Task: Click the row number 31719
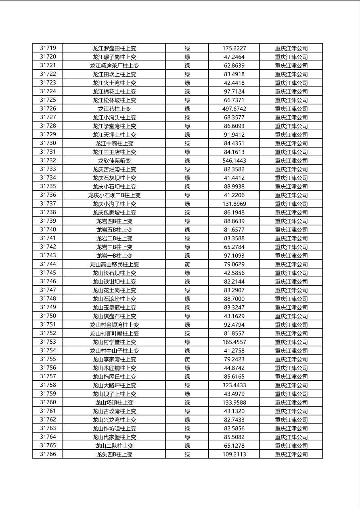click(48, 48)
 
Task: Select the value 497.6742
click(234, 109)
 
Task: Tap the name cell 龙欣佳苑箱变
click(114, 161)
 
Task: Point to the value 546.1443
click(234, 161)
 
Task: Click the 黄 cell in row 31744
click(187, 264)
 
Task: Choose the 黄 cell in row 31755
click(187, 359)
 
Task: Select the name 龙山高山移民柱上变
click(114, 264)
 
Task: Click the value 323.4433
click(234, 385)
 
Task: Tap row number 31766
click(48, 454)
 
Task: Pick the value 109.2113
click(234, 454)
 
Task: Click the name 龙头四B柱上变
click(114, 454)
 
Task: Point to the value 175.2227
click(234, 48)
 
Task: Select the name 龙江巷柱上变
click(114, 109)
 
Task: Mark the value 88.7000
click(234, 299)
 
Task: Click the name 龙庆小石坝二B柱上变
click(114, 195)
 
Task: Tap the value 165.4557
click(234, 342)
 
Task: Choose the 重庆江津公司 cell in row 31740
click(291, 230)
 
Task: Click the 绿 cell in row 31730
click(187, 143)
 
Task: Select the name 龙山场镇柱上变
click(114, 403)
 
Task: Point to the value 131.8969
click(234, 204)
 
